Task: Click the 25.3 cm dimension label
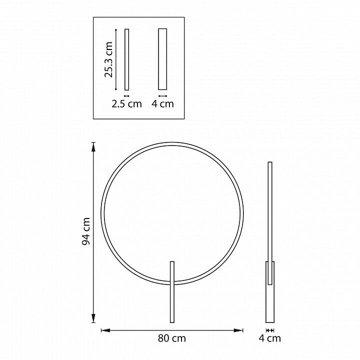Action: point(108,59)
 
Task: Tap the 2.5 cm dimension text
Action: point(126,104)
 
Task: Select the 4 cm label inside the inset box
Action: point(162,104)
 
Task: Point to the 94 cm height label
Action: point(86,231)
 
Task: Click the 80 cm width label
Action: point(171,338)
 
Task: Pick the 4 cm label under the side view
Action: point(270,338)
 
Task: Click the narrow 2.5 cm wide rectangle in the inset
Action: point(126,59)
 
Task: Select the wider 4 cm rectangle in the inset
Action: point(162,59)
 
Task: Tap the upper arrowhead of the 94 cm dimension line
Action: point(93,147)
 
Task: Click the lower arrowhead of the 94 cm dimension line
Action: point(93,318)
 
